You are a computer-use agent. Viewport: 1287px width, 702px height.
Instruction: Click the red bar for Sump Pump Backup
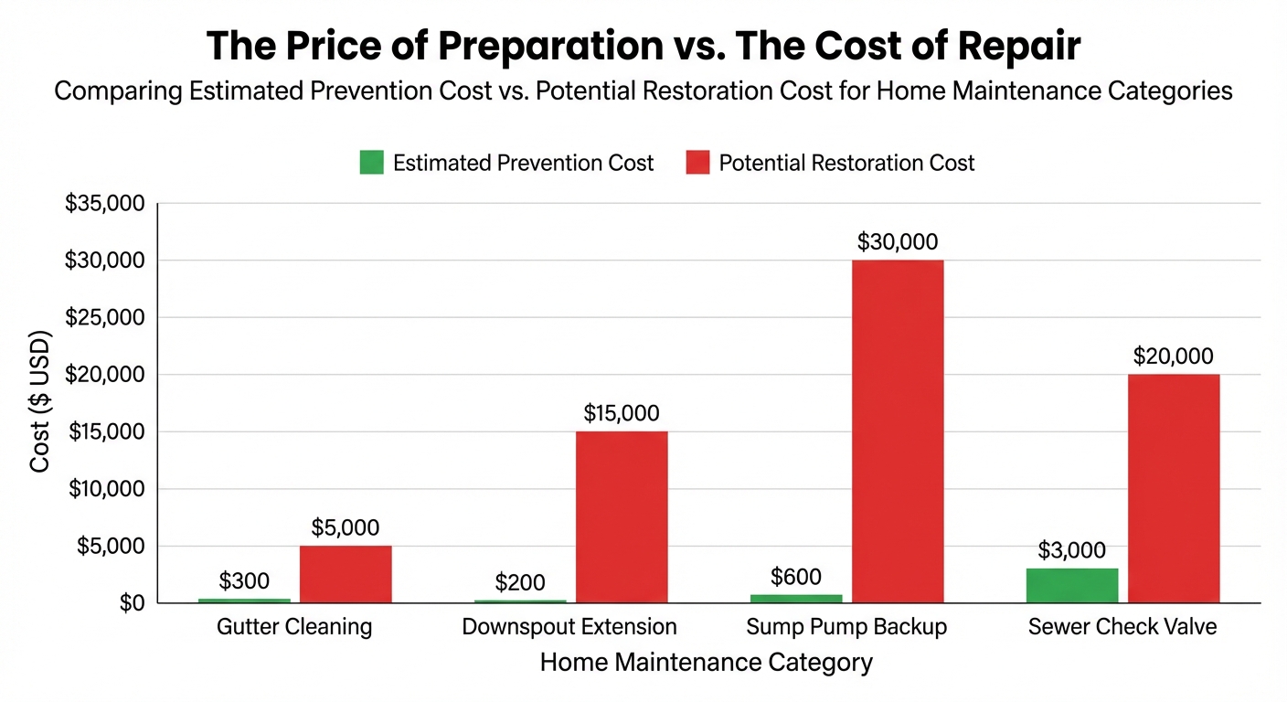(898, 431)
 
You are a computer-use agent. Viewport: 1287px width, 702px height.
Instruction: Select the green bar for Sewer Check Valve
(1072, 585)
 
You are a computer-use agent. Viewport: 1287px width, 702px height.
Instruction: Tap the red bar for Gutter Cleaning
(346, 574)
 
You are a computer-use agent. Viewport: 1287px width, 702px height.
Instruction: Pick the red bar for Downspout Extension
(622, 516)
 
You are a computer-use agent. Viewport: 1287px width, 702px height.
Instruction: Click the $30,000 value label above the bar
(898, 242)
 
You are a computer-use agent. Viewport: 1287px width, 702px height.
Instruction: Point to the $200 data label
(520, 582)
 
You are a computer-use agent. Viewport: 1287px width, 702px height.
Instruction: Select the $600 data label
(796, 577)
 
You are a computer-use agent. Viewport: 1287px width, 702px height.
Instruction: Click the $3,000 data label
(1071, 550)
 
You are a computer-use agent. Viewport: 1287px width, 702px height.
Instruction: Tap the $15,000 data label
(622, 413)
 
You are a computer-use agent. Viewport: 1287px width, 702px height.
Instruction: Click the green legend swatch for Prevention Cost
(371, 164)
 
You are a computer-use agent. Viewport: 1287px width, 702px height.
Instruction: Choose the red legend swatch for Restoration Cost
(697, 164)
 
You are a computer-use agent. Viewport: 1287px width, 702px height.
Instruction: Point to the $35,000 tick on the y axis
(105, 204)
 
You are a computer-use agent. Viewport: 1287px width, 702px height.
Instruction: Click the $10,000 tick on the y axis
(105, 489)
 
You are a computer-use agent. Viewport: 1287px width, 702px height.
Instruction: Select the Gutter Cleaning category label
(294, 627)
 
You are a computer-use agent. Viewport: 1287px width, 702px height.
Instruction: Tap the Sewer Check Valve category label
(1122, 627)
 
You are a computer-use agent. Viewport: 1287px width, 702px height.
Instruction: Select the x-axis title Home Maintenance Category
(707, 662)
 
